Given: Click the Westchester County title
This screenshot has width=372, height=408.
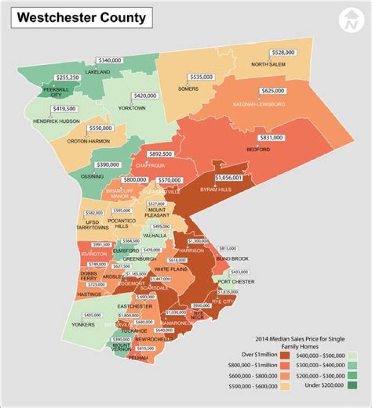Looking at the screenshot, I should [x=81, y=18].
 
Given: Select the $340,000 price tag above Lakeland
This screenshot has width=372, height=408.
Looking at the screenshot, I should [x=109, y=60].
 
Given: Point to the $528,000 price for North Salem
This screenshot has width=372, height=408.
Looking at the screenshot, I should [x=283, y=53].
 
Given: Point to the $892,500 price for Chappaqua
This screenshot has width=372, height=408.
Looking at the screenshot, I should [x=160, y=154].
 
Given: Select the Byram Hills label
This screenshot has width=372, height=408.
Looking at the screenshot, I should [x=215, y=190].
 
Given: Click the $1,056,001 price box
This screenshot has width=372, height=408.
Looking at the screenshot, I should [x=228, y=177].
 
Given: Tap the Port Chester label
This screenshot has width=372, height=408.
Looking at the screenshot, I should [x=236, y=282].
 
